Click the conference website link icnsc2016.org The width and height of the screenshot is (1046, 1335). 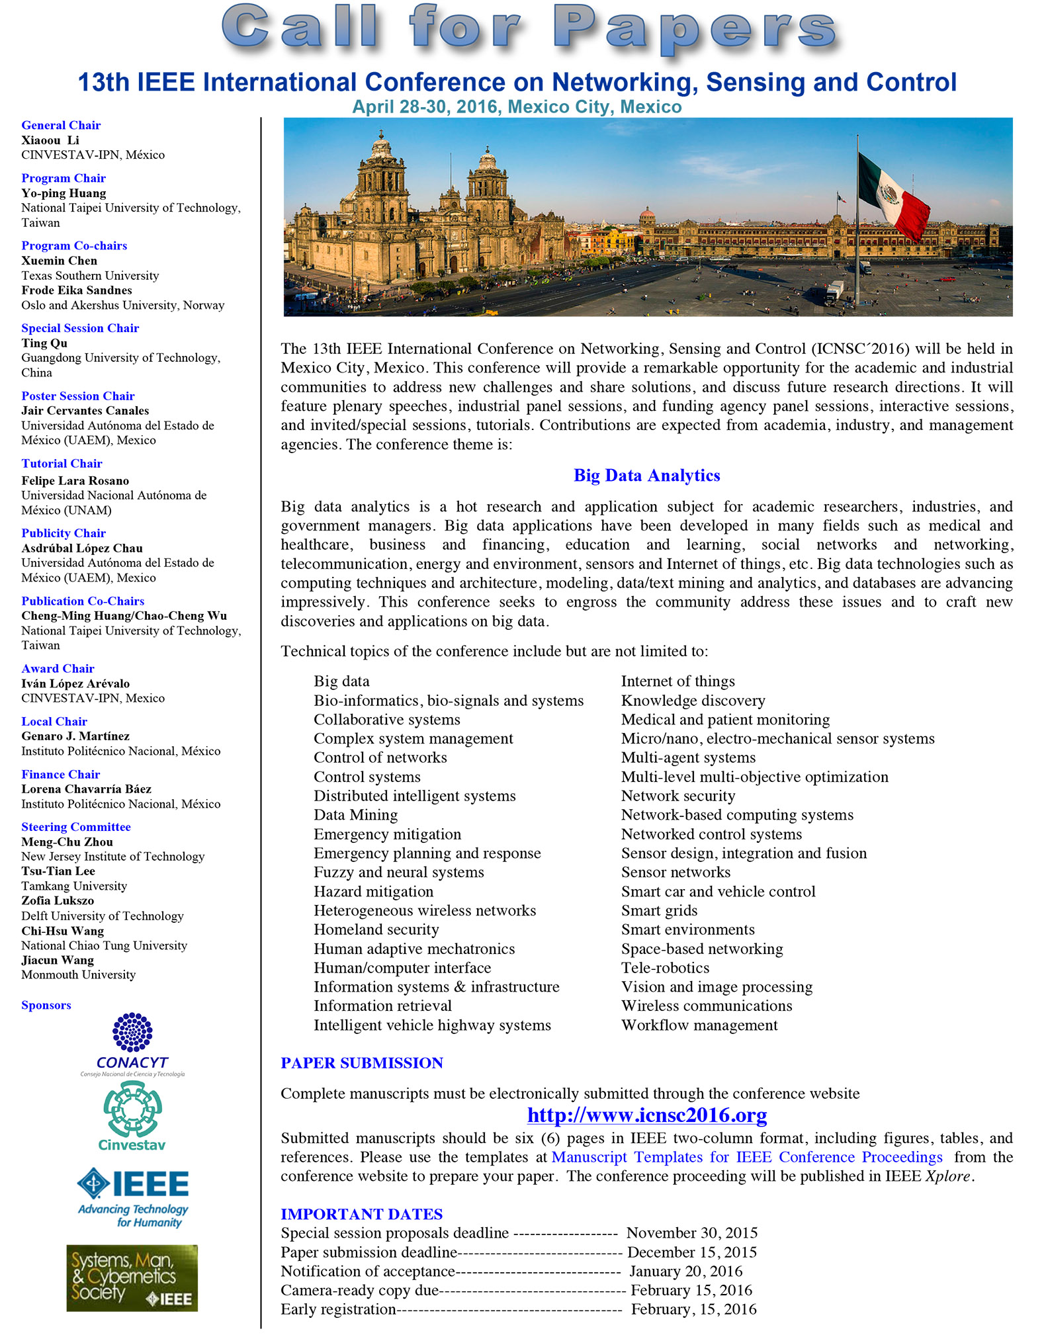[x=646, y=1115]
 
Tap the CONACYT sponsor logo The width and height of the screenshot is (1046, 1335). [x=132, y=1044]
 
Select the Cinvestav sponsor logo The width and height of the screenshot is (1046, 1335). [x=132, y=1117]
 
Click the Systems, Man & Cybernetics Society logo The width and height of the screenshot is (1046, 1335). [x=132, y=1277]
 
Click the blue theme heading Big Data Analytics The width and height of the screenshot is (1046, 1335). [x=646, y=476]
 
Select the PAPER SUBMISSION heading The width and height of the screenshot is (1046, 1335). [x=362, y=1063]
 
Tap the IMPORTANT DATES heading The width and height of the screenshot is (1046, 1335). [x=361, y=1214]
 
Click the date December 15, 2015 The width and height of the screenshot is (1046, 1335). [x=691, y=1252]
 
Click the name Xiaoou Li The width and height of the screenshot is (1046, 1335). [x=50, y=140]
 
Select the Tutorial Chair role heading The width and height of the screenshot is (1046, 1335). [x=62, y=464]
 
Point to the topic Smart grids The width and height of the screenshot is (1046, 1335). [x=659, y=911]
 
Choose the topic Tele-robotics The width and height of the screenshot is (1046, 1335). [x=665, y=968]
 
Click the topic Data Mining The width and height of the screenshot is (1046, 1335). [x=356, y=815]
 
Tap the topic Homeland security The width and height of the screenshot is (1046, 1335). [x=376, y=930]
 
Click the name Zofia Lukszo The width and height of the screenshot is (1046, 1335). [x=58, y=901]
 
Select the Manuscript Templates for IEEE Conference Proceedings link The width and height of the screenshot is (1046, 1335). [x=747, y=1157]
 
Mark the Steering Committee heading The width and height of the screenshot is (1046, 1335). [x=76, y=827]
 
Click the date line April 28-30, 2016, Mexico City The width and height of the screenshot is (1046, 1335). [x=517, y=107]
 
